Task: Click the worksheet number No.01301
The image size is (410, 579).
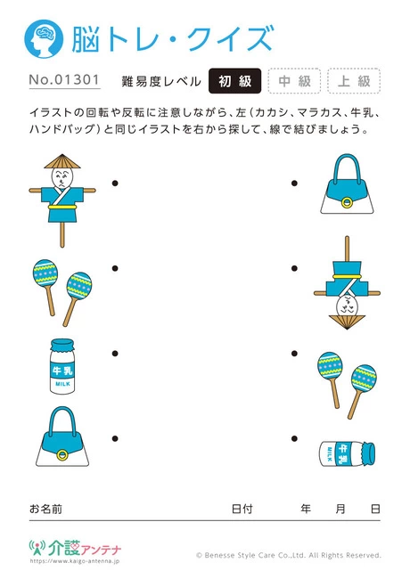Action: click(x=63, y=81)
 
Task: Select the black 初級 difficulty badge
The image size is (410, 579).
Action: click(x=234, y=81)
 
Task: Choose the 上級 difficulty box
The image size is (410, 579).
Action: click(x=354, y=81)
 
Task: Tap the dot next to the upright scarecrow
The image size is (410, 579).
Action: click(x=115, y=183)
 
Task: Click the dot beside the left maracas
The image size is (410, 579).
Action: click(x=115, y=267)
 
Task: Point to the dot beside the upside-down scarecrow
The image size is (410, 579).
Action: click(x=294, y=267)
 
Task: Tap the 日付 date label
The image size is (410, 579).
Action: click(x=242, y=509)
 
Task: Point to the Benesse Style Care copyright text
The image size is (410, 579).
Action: click(x=288, y=554)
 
